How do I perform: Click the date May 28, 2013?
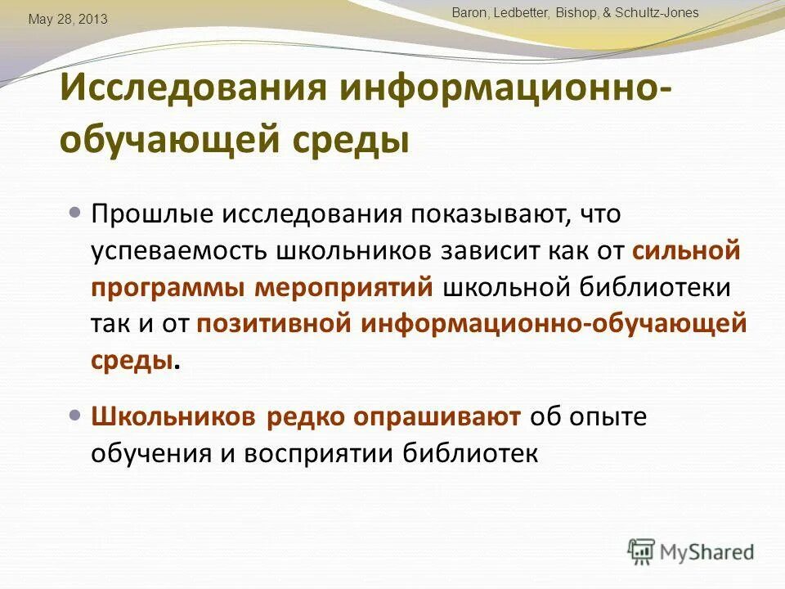click(68, 19)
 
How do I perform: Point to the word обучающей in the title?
click(169, 140)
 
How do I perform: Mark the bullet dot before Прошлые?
click(76, 213)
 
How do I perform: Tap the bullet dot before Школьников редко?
click(76, 416)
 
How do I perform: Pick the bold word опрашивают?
click(437, 417)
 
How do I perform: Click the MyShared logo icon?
click(642, 551)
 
